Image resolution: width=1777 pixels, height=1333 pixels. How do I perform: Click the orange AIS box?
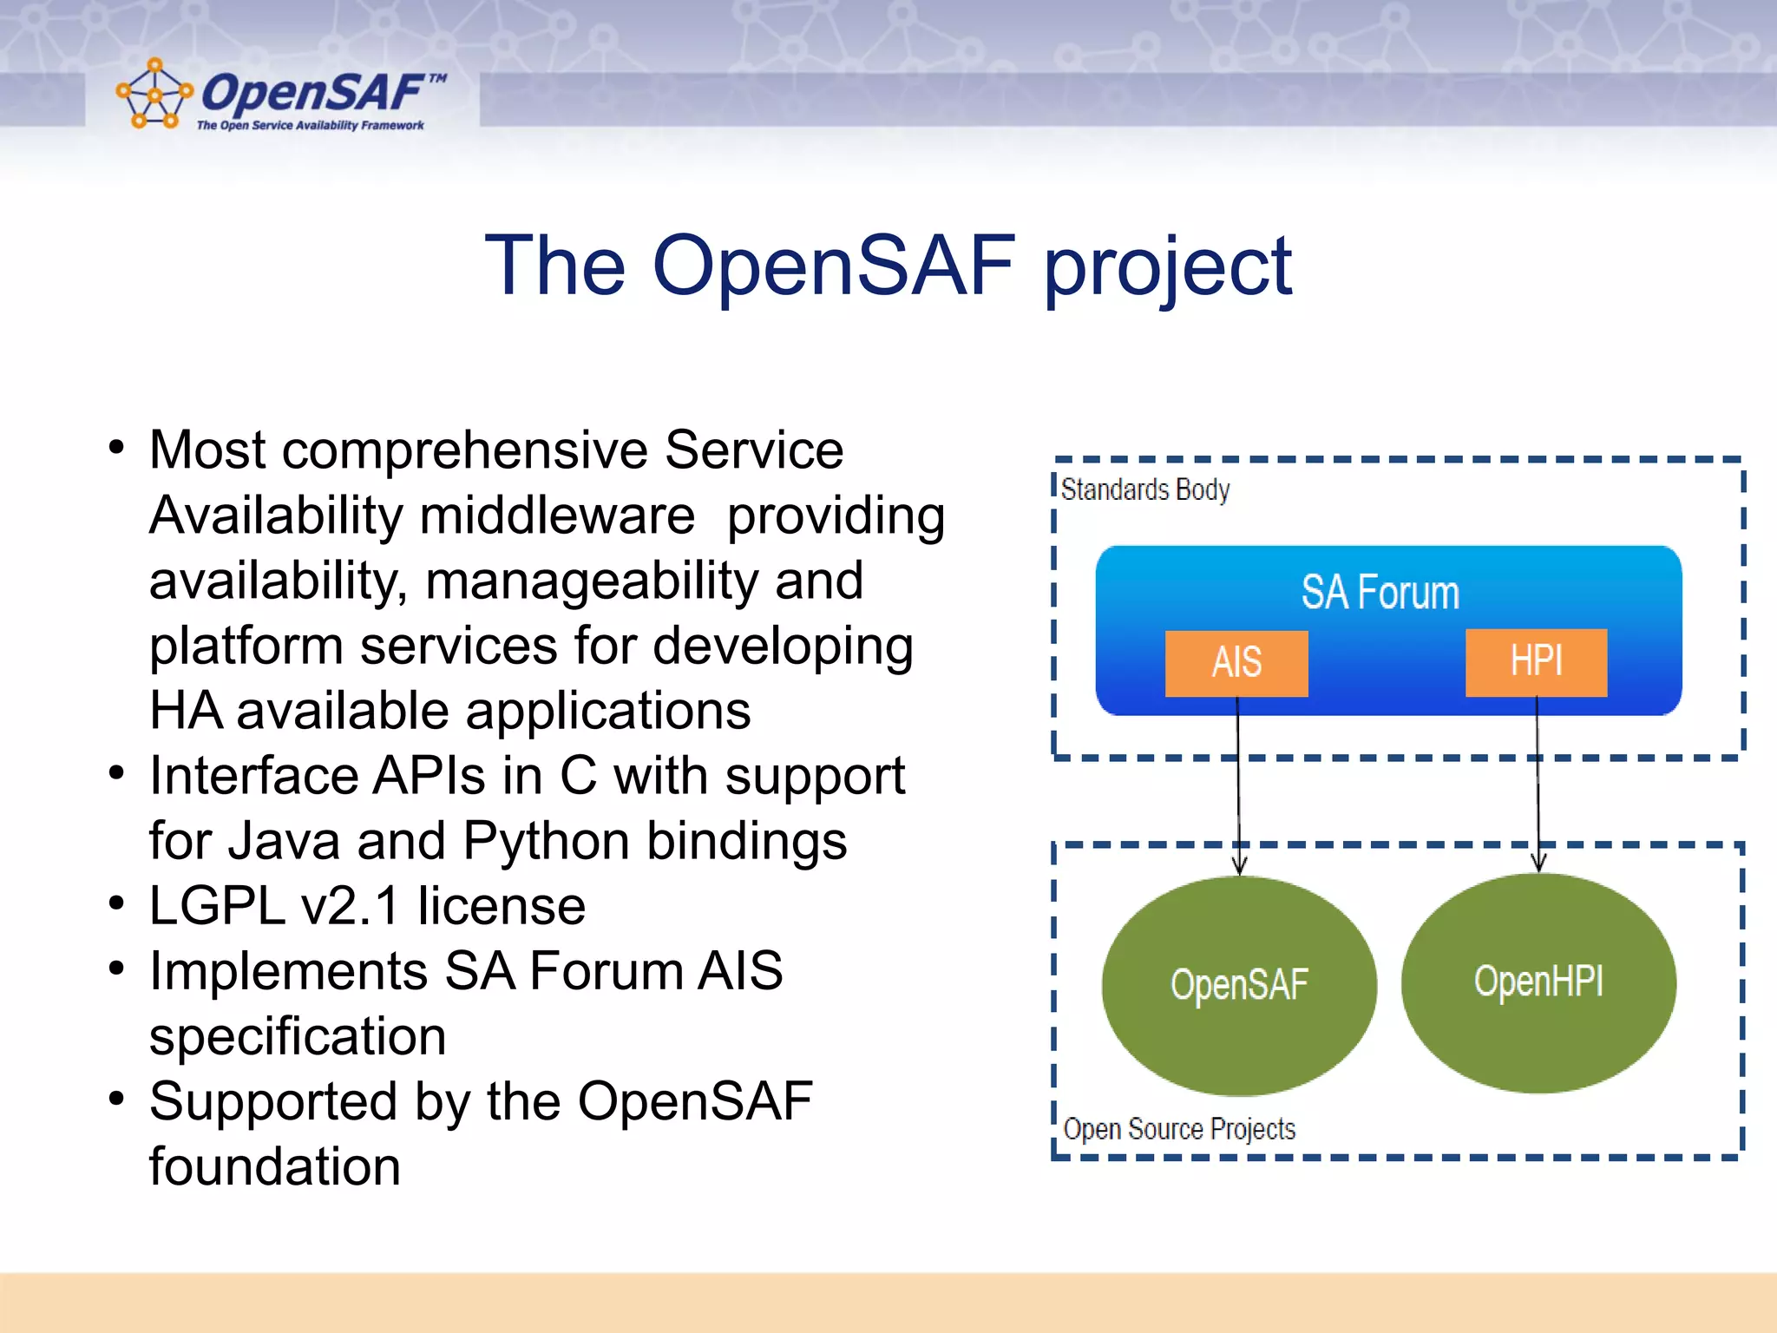[1236, 663]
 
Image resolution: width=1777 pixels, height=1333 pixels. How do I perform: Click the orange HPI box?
[1536, 662]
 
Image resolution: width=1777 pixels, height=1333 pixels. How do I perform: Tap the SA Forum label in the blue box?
[1380, 593]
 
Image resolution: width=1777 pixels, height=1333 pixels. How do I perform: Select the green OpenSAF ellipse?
[1238, 985]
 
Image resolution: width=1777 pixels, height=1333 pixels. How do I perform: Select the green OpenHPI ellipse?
[1538, 982]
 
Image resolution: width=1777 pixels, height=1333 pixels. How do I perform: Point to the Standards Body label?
[1144, 490]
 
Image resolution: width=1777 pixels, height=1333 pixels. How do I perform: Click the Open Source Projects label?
[1178, 1129]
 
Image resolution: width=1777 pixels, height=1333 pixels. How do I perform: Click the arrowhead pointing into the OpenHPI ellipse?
[1538, 863]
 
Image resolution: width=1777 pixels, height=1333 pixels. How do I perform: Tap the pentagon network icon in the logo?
[154, 94]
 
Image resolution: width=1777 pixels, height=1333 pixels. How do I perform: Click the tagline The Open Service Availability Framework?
[310, 126]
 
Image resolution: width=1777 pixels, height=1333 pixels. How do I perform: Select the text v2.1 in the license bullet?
[351, 906]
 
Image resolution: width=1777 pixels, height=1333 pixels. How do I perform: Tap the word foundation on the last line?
[274, 1166]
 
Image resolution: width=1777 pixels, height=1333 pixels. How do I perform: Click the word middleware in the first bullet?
[557, 515]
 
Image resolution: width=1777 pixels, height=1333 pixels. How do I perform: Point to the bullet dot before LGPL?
[117, 903]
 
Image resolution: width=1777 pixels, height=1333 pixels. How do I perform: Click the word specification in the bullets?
[298, 1036]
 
